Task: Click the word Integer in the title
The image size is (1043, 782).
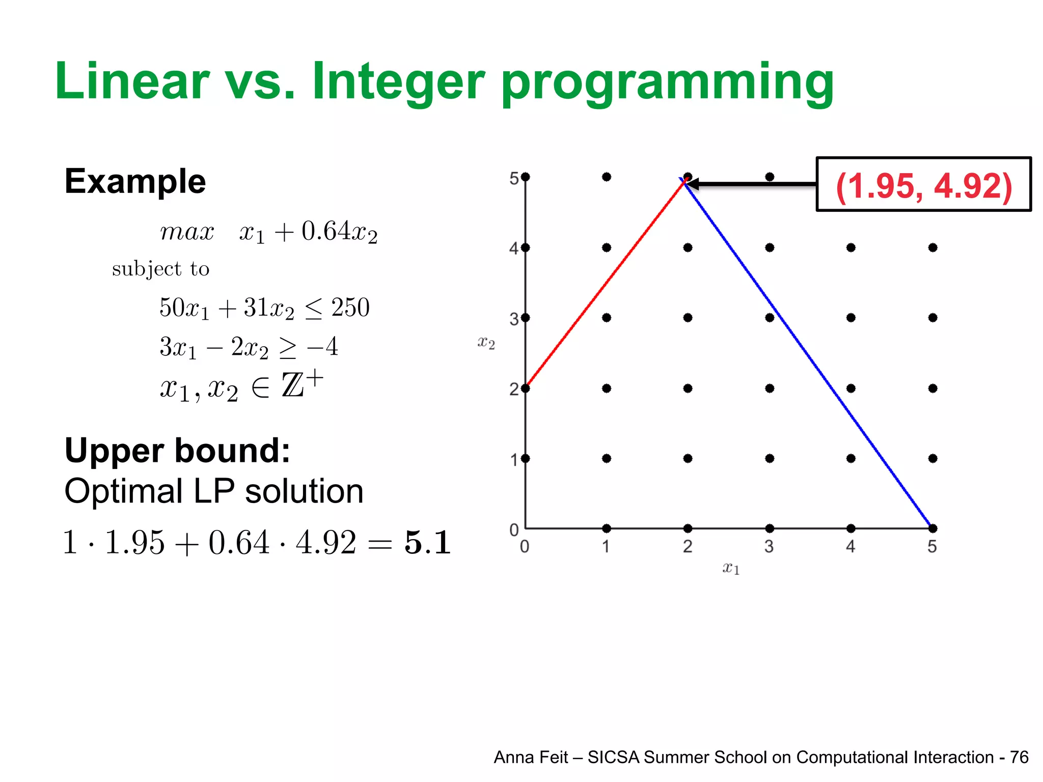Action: click(x=397, y=81)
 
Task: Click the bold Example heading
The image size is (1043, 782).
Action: click(x=135, y=181)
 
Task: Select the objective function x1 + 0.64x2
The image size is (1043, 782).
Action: click(x=308, y=232)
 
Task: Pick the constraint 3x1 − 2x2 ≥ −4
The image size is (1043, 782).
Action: click(x=249, y=347)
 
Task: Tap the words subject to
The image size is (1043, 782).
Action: click(x=160, y=269)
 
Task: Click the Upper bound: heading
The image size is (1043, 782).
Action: click(x=177, y=451)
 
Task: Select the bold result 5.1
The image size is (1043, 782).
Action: click(x=427, y=542)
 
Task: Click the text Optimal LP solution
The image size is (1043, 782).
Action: click(x=214, y=491)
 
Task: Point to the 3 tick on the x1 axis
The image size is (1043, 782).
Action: click(x=769, y=547)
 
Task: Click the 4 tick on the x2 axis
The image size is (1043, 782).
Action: click(x=514, y=248)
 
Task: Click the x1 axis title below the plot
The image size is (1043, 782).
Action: click(x=731, y=568)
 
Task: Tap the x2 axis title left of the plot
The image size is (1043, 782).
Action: click(x=486, y=343)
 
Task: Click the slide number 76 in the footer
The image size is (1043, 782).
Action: click(x=1019, y=758)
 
